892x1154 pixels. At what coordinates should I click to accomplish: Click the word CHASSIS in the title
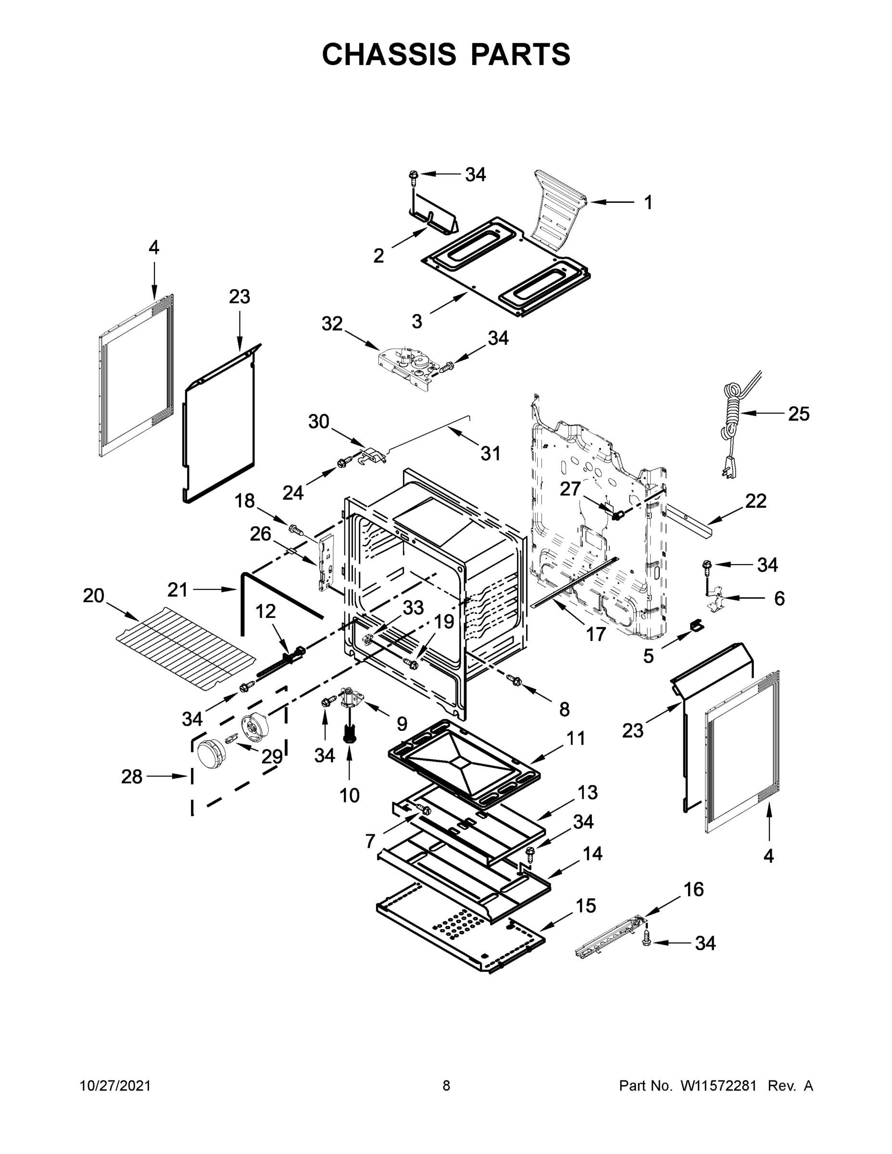click(x=389, y=54)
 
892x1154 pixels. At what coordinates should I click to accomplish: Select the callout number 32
click(x=332, y=324)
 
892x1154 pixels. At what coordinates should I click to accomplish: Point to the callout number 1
click(x=648, y=202)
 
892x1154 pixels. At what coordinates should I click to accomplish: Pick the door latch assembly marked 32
click(x=406, y=364)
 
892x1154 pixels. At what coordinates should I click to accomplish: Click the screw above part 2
click(x=414, y=176)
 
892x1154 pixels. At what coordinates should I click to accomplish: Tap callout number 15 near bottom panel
click(x=586, y=906)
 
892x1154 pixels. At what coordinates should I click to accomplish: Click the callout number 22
click(x=755, y=501)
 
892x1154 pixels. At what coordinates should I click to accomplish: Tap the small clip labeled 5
click(x=696, y=625)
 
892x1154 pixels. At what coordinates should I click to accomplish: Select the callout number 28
click(x=132, y=777)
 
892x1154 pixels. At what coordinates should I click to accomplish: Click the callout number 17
click(x=595, y=634)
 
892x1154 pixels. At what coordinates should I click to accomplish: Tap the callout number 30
click(x=319, y=422)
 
